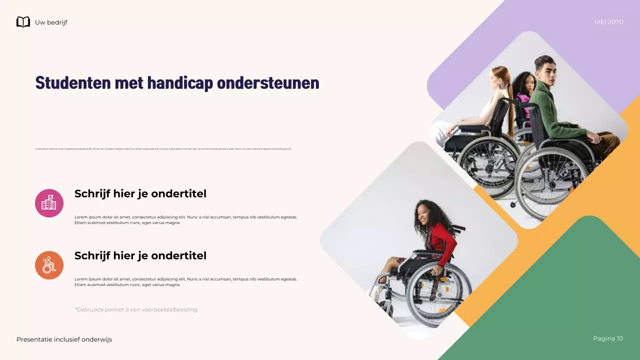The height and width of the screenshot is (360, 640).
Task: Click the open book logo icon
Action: (23, 22)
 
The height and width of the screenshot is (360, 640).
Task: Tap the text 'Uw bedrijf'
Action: (51, 22)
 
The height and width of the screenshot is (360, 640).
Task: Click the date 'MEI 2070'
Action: (608, 22)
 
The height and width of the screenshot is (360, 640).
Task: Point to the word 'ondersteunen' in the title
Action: (268, 83)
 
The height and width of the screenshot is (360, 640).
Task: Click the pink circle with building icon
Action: (49, 203)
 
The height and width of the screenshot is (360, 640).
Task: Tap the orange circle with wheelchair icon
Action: (49, 265)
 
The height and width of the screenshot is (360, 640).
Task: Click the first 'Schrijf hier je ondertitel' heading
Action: (140, 193)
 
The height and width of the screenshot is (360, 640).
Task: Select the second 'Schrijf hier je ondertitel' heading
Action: (140, 255)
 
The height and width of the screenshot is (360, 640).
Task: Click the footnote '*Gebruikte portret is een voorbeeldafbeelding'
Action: (136, 309)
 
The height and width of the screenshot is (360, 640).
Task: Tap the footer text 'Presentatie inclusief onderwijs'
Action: (64, 339)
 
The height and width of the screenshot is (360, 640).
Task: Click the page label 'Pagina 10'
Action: (608, 338)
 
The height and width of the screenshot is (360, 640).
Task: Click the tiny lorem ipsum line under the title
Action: (163, 149)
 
